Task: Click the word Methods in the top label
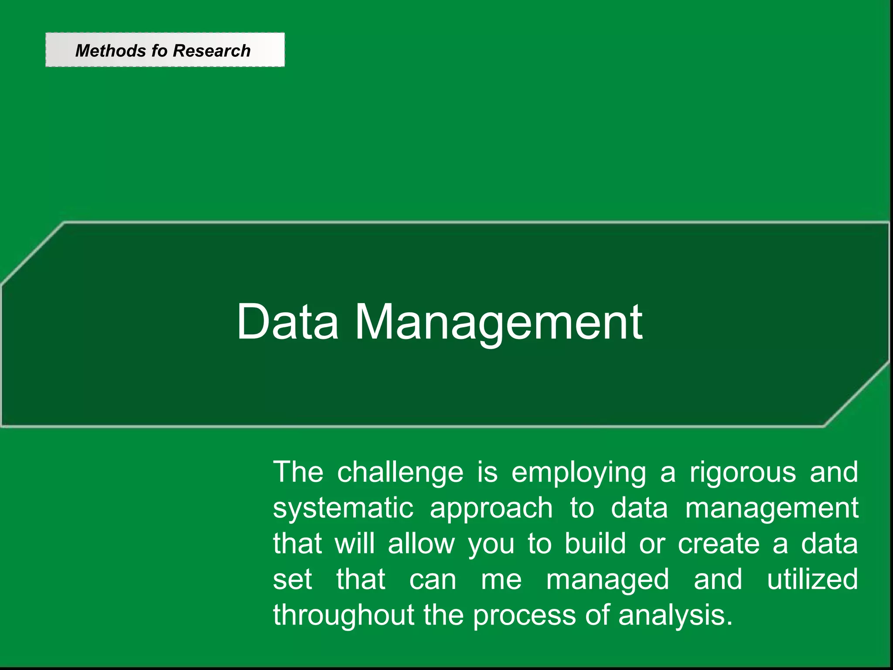pyautogui.click(x=111, y=51)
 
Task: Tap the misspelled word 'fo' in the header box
pyautogui.click(x=159, y=51)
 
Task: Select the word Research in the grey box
pyautogui.click(x=211, y=51)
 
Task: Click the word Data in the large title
pyautogui.click(x=287, y=322)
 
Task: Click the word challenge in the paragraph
pyautogui.click(x=400, y=473)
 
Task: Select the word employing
pyautogui.click(x=579, y=473)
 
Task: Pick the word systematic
pyautogui.click(x=343, y=509)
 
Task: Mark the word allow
pyautogui.click(x=421, y=544)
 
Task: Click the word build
pyautogui.click(x=595, y=544)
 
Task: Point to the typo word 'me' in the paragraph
pyautogui.click(x=501, y=580)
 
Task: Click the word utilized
pyautogui.click(x=812, y=580)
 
